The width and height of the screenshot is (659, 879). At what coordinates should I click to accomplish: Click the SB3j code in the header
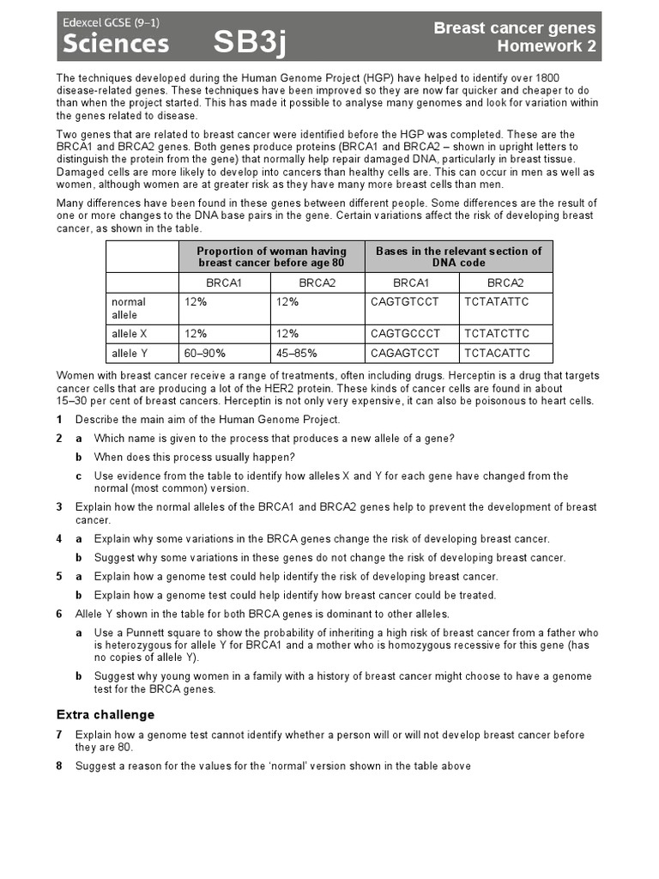250,43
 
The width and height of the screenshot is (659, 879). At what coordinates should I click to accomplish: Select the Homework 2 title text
547,46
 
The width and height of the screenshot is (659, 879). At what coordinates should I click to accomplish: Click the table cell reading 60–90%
203,353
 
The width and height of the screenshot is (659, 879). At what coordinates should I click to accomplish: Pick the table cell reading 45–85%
296,353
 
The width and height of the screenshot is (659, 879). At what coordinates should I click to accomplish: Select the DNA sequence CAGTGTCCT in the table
404,301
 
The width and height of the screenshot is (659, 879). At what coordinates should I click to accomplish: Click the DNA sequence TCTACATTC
498,353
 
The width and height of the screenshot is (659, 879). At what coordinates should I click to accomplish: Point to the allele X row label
130,333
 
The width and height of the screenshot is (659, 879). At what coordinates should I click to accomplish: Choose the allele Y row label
130,353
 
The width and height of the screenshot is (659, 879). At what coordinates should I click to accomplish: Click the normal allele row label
129,308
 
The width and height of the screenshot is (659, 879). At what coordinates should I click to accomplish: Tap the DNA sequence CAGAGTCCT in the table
405,353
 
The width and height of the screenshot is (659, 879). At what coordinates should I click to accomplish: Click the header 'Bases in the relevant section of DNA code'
459,257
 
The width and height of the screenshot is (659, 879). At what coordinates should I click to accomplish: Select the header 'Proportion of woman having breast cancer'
272,257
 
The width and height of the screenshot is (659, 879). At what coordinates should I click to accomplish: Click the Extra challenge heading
106,714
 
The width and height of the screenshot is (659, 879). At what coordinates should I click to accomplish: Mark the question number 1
59,420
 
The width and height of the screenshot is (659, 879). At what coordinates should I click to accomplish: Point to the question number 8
59,766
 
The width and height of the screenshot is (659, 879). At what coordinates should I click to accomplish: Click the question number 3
59,507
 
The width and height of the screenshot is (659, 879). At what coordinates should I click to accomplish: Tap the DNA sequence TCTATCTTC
498,333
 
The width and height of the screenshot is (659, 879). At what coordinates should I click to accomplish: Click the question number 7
59,735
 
